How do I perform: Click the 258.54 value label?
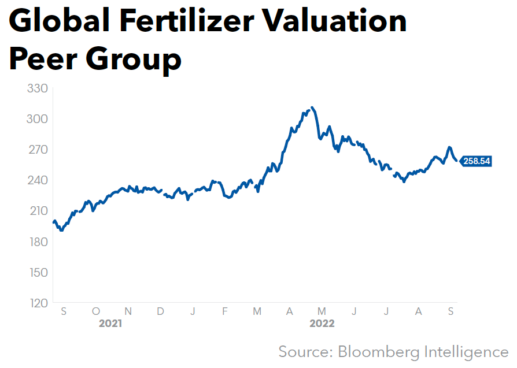click(477, 161)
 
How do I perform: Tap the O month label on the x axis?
click(95, 311)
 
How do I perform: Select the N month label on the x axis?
click(128, 311)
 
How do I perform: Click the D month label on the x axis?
click(161, 311)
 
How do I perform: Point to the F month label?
click(225, 311)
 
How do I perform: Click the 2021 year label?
click(110, 324)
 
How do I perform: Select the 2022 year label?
click(322, 324)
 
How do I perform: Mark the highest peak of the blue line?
click(312, 107)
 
